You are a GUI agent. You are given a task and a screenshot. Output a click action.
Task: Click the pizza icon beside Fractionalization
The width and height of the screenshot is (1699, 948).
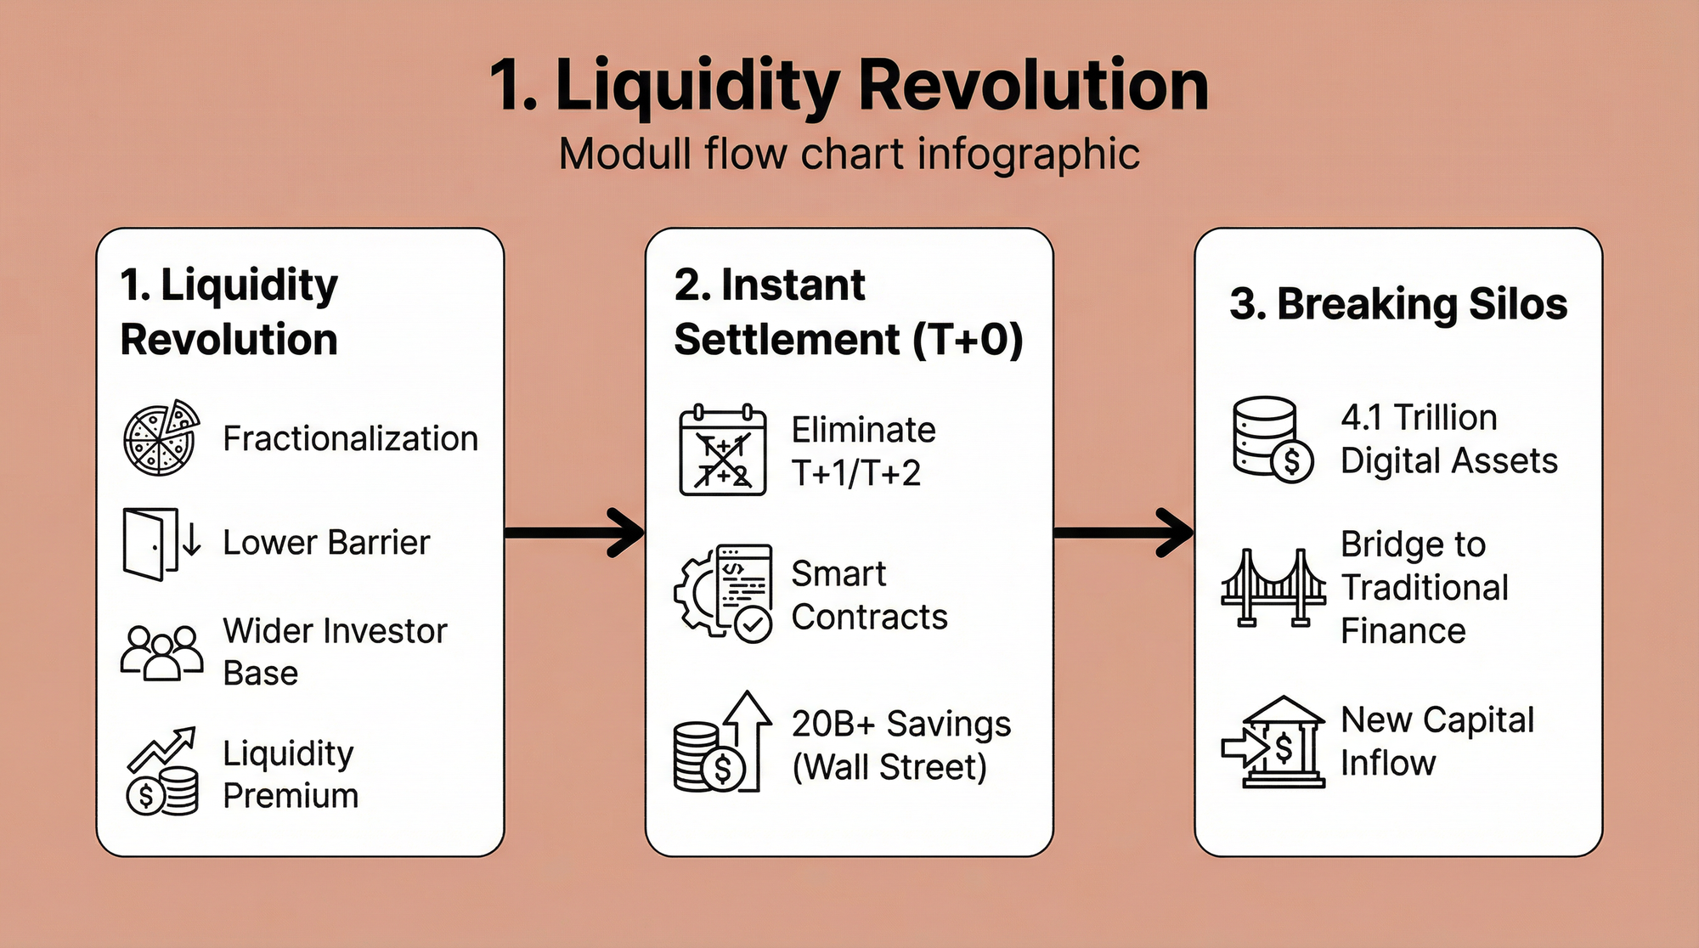tap(161, 437)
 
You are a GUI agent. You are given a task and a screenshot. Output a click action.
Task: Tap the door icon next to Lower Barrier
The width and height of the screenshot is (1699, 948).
tap(161, 544)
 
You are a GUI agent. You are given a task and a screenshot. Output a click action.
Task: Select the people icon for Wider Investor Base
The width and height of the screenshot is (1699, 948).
tap(161, 652)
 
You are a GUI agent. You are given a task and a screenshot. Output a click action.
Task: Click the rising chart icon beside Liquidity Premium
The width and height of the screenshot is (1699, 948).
tap(161, 771)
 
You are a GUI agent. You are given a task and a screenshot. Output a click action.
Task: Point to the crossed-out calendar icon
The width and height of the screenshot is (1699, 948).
tap(722, 450)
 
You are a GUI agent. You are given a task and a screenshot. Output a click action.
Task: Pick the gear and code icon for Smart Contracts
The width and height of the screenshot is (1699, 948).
tap(723, 593)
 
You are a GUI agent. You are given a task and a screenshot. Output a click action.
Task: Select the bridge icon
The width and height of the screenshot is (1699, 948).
tap(1273, 588)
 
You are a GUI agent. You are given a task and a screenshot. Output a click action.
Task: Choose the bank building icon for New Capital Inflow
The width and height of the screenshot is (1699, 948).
tap(1273, 742)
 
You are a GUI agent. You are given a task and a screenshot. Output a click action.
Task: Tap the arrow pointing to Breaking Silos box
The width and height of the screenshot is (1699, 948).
tap(1124, 533)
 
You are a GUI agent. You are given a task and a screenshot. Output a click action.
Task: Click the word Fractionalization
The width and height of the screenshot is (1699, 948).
tap(350, 439)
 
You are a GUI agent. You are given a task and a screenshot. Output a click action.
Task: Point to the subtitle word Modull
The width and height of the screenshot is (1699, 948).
tap(625, 155)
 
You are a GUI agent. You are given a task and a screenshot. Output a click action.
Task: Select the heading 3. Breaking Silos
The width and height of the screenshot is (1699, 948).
tap(1398, 304)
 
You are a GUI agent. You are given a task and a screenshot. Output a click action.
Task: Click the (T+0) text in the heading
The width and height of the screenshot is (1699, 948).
tap(968, 340)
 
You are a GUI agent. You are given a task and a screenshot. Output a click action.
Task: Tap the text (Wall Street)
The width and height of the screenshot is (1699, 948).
tap(889, 767)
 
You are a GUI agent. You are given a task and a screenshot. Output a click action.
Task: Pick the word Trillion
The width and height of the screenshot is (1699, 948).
tap(1446, 418)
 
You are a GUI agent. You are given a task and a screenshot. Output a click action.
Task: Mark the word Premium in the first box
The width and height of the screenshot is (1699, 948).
tap(291, 796)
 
